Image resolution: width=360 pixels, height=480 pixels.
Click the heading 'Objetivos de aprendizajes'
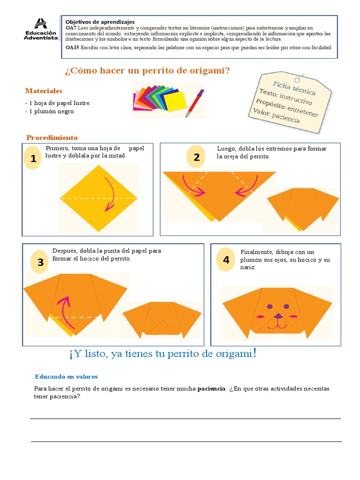(x=100, y=22)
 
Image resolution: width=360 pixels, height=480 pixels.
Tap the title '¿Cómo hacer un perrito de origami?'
(x=147, y=71)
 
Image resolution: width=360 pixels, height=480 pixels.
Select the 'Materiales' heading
(x=44, y=90)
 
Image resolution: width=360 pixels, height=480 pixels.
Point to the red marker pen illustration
(x=195, y=103)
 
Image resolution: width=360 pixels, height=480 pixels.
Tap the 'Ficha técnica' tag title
(x=294, y=88)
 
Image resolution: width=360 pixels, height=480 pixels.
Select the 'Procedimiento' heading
(x=52, y=137)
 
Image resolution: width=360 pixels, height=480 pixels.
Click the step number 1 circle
(x=33, y=159)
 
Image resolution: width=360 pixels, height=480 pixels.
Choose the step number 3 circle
(x=40, y=262)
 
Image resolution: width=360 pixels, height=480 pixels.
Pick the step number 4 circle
(x=226, y=260)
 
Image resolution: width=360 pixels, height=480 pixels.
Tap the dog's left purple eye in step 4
(x=270, y=307)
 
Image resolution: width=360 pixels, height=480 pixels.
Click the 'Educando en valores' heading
(x=66, y=376)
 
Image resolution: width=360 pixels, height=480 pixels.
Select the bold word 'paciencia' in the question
(x=212, y=389)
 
